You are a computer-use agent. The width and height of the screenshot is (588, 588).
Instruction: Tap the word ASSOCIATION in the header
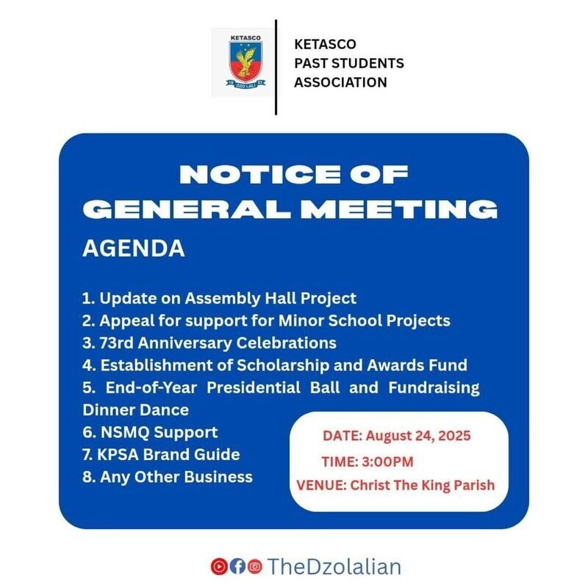click(340, 82)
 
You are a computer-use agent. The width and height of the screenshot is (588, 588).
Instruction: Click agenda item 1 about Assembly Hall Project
click(219, 298)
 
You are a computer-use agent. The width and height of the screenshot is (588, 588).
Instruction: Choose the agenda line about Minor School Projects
click(265, 320)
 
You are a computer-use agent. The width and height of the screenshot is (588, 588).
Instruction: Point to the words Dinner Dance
click(135, 409)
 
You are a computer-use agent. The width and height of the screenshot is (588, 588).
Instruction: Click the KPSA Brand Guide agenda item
click(160, 454)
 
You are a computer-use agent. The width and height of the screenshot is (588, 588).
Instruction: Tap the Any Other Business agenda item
click(167, 477)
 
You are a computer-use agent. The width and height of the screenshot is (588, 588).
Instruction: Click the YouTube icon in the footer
click(218, 566)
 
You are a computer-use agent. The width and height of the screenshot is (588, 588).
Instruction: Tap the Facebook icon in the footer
click(237, 566)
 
